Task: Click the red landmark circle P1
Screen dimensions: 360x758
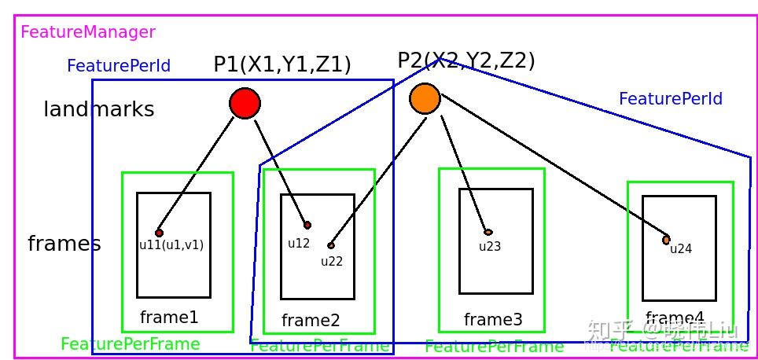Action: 245,103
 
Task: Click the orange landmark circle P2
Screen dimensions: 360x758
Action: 425,98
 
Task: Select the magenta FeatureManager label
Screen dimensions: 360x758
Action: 88,32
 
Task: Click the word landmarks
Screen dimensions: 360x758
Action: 98,109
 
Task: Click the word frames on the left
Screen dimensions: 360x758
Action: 64,244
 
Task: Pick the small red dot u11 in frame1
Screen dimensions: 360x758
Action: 159,233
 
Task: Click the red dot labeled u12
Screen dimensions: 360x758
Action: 307,226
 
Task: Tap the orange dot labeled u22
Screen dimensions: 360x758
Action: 331,246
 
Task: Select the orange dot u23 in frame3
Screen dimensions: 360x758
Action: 488,232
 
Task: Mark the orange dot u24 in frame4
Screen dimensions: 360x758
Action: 666,240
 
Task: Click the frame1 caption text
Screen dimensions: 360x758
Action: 169,318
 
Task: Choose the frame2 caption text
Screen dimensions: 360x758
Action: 311,321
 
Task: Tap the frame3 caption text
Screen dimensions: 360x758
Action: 492,320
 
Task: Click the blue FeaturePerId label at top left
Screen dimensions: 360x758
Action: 119,66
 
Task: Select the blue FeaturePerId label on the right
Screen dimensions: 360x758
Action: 670,99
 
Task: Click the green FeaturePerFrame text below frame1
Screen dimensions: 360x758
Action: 131,344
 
